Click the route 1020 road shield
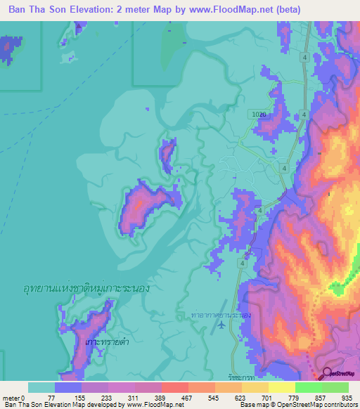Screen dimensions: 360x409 [x=259, y=113]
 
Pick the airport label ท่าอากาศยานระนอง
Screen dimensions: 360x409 [x=221, y=316]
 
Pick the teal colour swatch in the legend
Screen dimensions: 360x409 [x=41, y=387]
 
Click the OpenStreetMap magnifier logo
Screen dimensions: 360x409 [x=328, y=374]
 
